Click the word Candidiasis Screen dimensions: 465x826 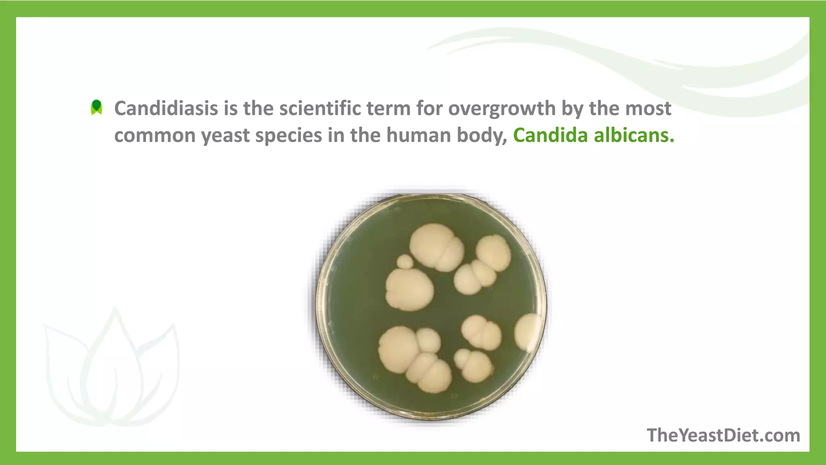166,108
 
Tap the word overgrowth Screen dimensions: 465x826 502,108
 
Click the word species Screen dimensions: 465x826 288,135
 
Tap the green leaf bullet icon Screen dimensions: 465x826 96,107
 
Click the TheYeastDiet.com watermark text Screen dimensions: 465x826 723,436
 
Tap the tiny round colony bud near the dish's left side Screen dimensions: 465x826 405,262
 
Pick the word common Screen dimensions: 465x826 154,135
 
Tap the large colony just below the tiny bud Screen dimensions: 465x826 409,289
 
